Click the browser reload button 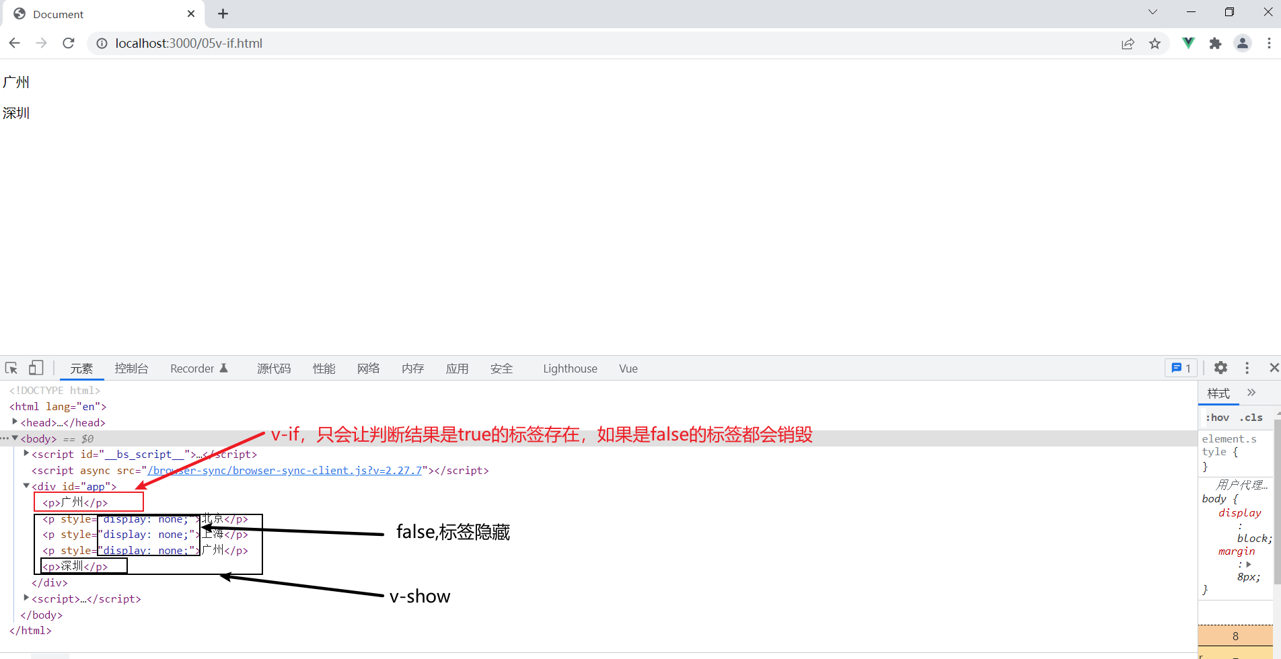pyautogui.click(x=68, y=43)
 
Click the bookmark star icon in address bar pyautogui.click(x=1155, y=44)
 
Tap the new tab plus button pyautogui.click(x=223, y=13)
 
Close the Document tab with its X pyautogui.click(x=191, y=13)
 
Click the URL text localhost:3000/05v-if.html pyautogui.click(x=188, y=44)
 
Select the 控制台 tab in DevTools pyautogui.click(x=131, y=369)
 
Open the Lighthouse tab pyautogui.click(x=570, y=369)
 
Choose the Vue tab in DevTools pyautogui.click(x=628, y=369)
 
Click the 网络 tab pyautogui.click(x=368, y=369)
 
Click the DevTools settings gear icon pyautogui.click(x=1220, y=368)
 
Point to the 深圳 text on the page pyautogui.click(x=16, y=113)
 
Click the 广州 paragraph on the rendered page pyautogui.click(x=16, y=82)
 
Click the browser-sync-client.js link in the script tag pyautogui.click(x=285, y=471)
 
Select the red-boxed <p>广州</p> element pyautogui.click(x=75, y=502)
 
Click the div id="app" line pyautogui.click(x=74, y=486)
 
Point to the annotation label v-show pyautogui.click(x=420, y=596)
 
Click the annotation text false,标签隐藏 pyautogui.click(x=453, y=532)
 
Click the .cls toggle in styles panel pyautogui.click(x=1251, y=418)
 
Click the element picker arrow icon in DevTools pyautogui.click(x=11, y=368)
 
